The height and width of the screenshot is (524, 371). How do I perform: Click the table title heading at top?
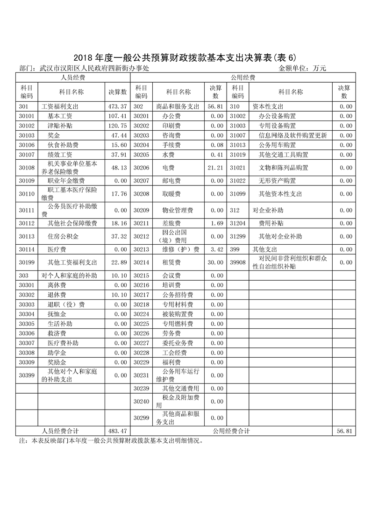[185, 58]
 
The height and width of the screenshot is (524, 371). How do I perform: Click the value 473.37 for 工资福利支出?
[118, 106]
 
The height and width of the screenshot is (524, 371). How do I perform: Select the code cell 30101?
[27, 116]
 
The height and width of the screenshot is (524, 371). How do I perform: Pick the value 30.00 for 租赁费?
[216, 262]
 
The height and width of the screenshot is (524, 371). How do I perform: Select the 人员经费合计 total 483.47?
[118, 431]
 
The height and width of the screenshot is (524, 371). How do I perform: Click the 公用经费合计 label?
[231, 431]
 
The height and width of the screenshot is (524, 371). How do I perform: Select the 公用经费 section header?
[243, 78]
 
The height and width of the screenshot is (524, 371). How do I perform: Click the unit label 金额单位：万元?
[302, 68]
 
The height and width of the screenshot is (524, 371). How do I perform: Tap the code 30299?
[141, 418]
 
